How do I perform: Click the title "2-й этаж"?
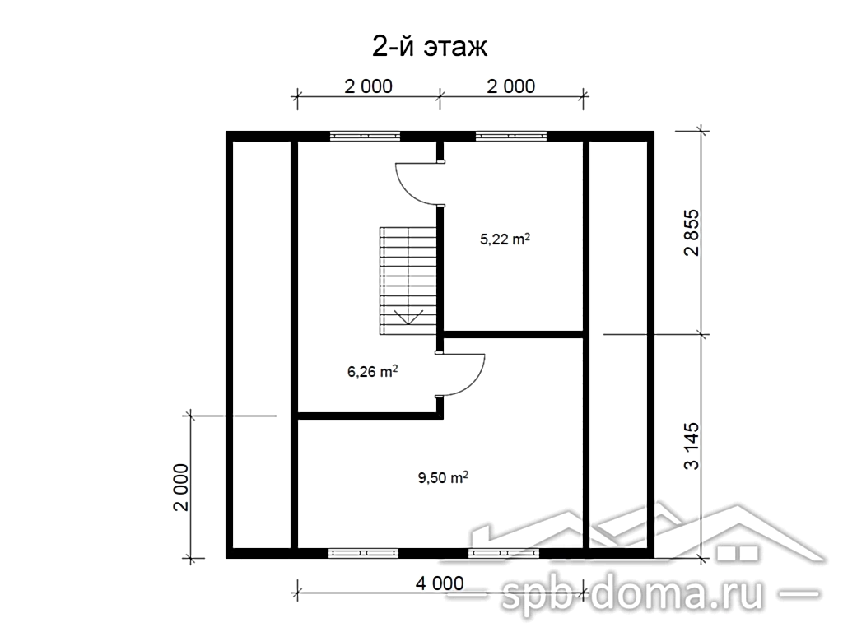point(430,47)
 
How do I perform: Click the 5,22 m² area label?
point(505,239)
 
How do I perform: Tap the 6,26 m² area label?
point(373,371)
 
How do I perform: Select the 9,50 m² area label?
point(443,477)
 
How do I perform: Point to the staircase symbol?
point(408,281)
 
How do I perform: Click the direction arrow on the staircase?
point(408,317)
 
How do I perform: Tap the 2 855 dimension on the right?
point(692,233)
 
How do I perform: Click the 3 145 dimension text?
point(692,446)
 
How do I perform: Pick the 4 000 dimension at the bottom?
point(440,583)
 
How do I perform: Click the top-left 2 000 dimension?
point(368,86)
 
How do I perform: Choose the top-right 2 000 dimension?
point(510,86)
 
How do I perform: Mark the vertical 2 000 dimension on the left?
point(181,487)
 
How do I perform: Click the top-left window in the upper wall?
point(365,136)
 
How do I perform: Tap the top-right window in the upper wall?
point(510,136)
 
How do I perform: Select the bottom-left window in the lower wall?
point(363,553)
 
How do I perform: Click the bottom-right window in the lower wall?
point(504,553)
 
